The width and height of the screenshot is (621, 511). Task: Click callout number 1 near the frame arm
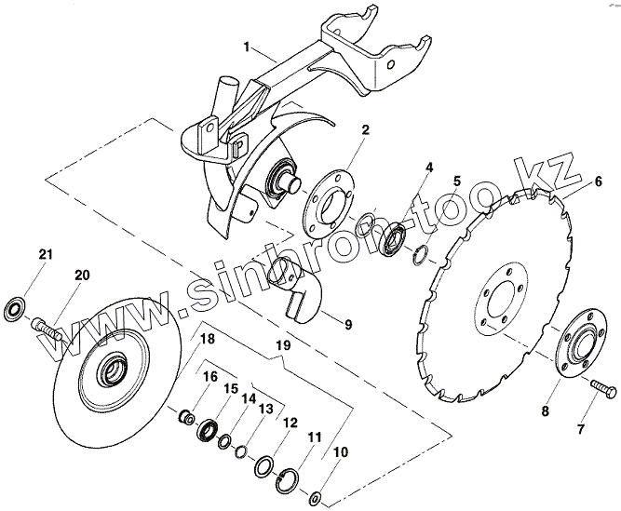coord(246,47)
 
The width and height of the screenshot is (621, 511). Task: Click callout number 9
coord(346,325)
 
